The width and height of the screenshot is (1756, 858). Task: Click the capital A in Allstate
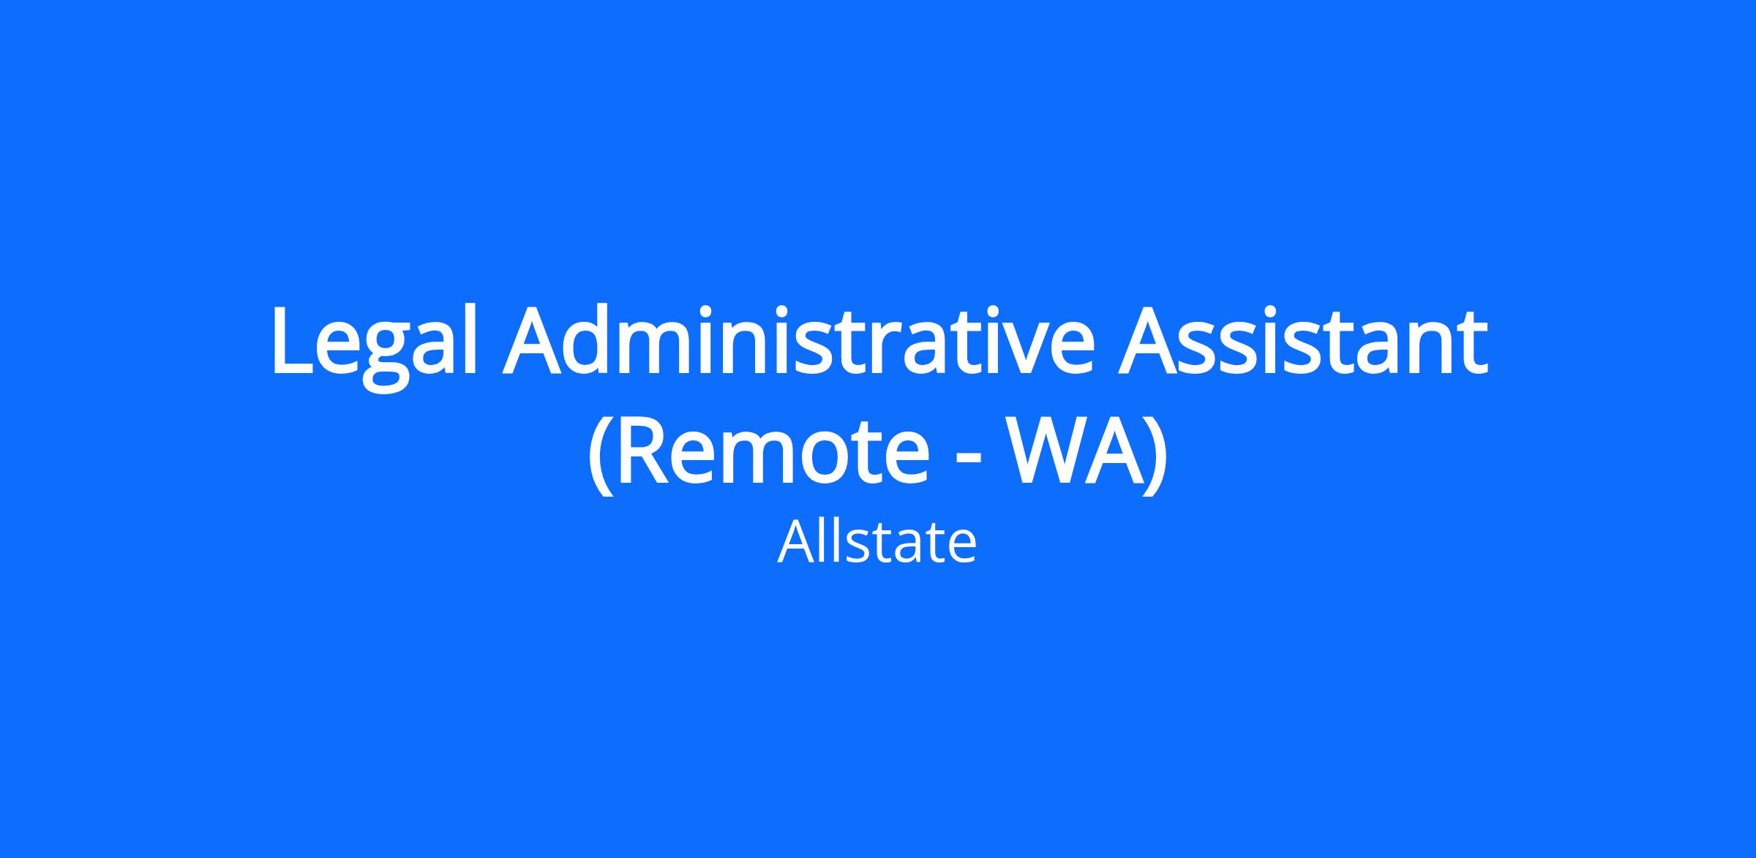click(x=795, y=543)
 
